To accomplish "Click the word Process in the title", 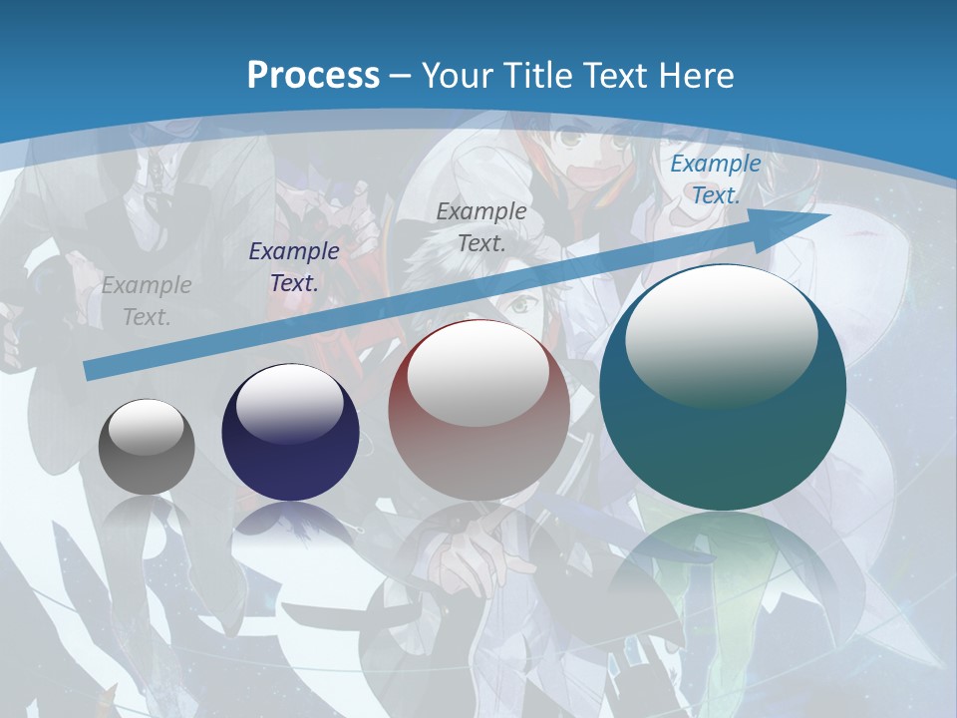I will [x=313, y=75].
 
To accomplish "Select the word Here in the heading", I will [x=698, y=75].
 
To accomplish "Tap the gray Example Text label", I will [x=146, y=301].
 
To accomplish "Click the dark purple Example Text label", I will [x=294, y=267].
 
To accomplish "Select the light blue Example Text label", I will [x=715, y=179].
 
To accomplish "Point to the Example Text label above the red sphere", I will [x=481, y=226].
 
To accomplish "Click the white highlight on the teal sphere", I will [x=721, y=334].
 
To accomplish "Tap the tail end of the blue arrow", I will [x=92, y=370].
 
